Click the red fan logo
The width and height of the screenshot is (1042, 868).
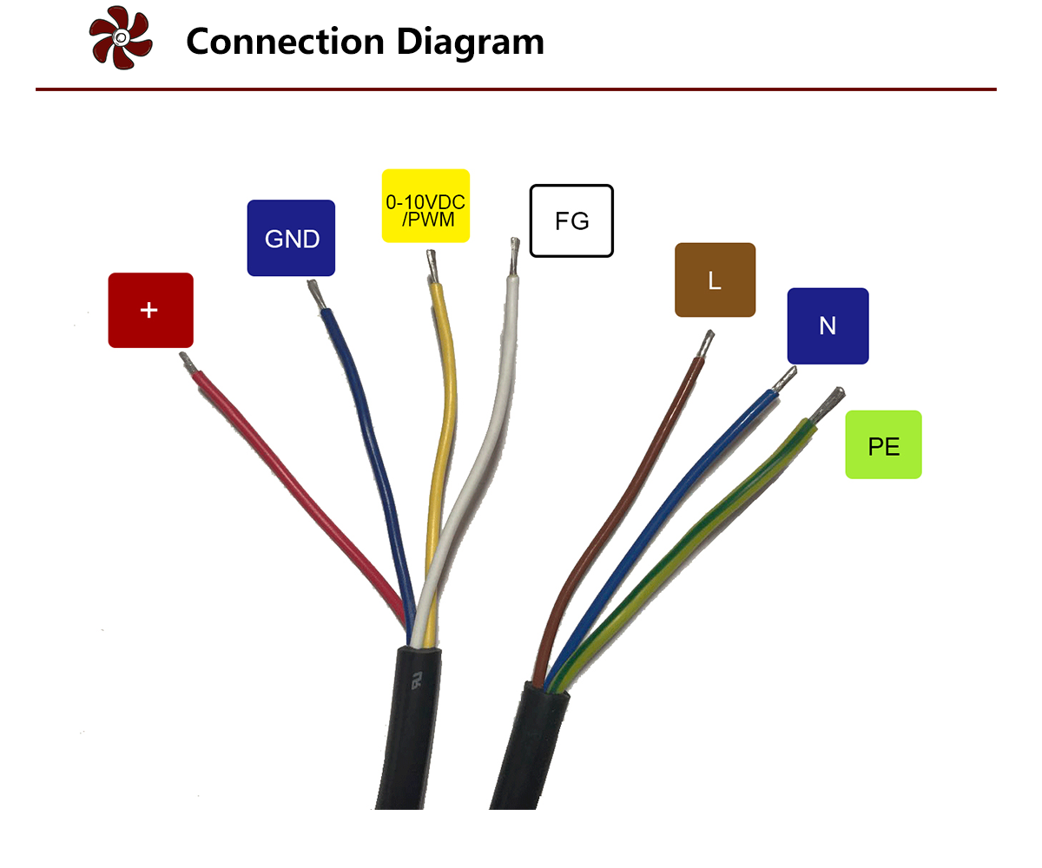tap(121, 38)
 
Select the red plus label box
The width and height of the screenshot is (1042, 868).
tap(150, 310)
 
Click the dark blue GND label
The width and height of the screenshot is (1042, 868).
tap(291, 238)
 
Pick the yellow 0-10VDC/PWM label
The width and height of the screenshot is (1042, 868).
tap(425, 206)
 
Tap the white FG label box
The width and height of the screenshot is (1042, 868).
tap(571, 220)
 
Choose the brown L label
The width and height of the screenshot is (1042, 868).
tap(715, 279)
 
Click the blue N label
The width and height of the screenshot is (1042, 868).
tap(827, 325)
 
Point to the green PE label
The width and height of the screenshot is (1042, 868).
tap(883, 444)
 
